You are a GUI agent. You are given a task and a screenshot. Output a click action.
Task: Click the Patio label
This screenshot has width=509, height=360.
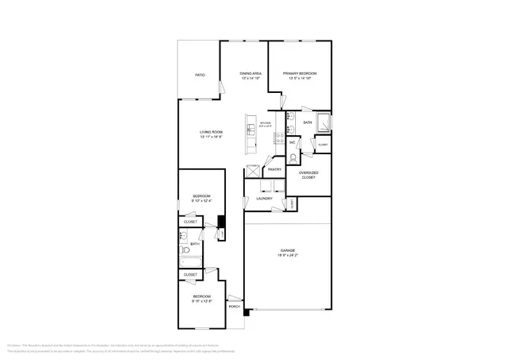200,75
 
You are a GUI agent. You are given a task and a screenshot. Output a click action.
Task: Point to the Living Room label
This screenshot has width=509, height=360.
211,132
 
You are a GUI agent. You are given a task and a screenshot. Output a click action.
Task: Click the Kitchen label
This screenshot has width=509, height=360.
266,123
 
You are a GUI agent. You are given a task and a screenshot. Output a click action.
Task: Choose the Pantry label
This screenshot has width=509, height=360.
274,169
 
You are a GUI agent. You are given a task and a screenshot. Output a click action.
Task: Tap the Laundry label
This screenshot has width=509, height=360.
263,199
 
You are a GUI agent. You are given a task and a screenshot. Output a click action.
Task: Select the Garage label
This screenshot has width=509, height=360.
287,250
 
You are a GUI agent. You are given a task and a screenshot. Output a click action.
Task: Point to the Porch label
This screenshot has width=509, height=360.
234,306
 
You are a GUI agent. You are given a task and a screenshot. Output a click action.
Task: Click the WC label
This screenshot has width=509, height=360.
293,142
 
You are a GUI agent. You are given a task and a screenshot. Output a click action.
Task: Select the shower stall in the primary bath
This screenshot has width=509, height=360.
324,123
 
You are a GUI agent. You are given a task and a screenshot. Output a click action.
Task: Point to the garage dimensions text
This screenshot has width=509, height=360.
287,255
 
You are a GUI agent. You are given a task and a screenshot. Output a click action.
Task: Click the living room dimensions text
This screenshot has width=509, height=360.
211,137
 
